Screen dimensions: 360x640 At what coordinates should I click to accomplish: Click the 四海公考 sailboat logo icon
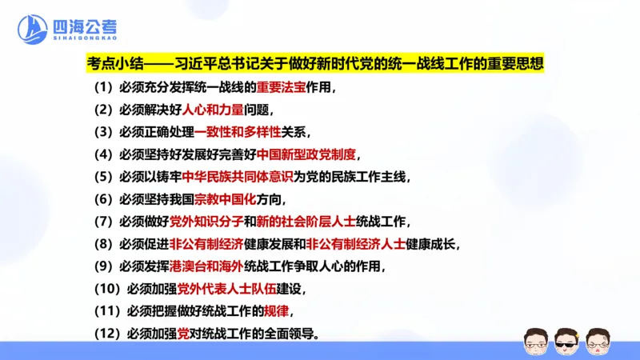[x=33, y=30]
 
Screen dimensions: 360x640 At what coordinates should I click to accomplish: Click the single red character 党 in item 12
[x=184, y=334]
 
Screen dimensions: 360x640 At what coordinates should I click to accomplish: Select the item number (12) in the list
[x=106, y=334]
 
